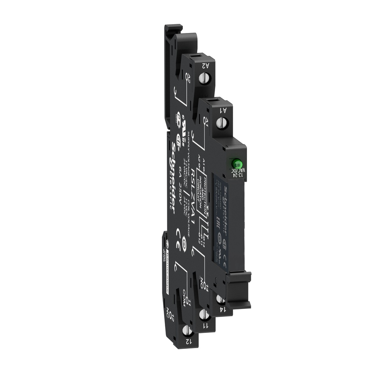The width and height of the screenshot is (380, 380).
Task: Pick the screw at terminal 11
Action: tap(203, 314)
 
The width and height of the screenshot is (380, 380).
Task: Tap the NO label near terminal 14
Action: tap(202, 283)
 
